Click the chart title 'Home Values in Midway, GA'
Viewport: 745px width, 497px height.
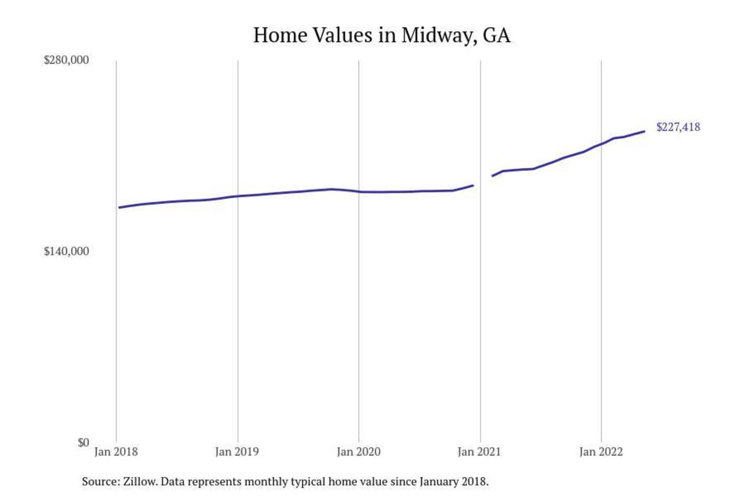click(382, 35)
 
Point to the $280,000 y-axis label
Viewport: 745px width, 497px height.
click(66, 60)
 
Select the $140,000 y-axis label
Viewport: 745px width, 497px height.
click(66, 252)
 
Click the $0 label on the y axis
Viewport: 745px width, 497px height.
click(83, 443)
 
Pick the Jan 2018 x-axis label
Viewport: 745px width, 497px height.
click(116, 452)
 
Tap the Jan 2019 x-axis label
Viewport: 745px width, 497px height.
click(237, 452)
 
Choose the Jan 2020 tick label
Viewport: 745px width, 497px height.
click(359, 452)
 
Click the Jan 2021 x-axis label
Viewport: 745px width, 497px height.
click(480, 452)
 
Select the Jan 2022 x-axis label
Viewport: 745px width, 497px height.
click(601, 452)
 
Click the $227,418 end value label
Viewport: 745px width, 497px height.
click(678, 127)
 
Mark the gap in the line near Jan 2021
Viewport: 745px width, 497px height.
click(482, 181)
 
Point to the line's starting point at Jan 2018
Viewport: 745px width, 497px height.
click(120, 208)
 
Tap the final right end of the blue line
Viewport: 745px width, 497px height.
click(644, 131)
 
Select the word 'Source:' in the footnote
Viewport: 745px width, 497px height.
click(100, 481)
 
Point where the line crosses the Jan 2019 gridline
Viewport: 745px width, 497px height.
click(238, 196)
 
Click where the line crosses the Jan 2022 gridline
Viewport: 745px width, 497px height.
click(601, 143)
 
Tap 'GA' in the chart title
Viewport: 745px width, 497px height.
click(497, 36)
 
